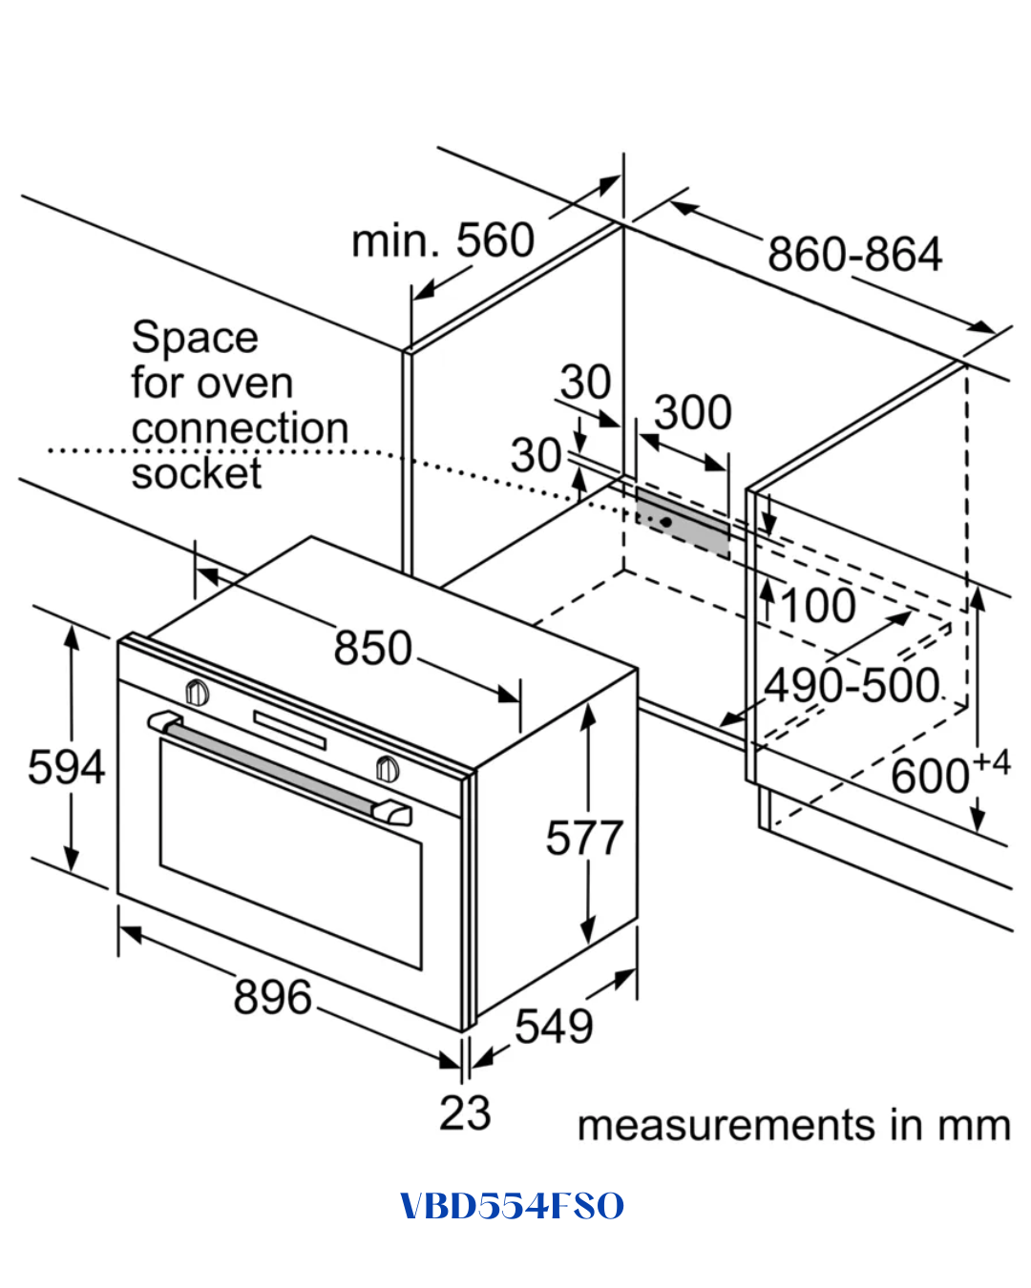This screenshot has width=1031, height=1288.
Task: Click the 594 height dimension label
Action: (67, 767)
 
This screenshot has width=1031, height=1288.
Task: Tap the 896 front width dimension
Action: (273, 997)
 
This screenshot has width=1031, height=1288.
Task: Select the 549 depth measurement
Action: (554, 1026)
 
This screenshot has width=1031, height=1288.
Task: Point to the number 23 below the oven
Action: (465, 1112)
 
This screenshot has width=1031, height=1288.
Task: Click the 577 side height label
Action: (584, 838)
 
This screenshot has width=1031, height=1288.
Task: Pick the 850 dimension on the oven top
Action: (372, 648)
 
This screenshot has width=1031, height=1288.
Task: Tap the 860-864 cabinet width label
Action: (855, 254)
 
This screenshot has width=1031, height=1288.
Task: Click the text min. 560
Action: (443, 239)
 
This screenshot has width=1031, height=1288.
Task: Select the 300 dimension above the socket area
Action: (693, 412)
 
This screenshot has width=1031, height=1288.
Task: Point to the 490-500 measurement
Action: (852, 685)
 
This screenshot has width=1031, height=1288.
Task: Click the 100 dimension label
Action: (818, 606)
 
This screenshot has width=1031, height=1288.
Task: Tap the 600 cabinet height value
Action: (930, 777)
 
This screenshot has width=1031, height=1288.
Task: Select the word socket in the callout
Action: (197, 473)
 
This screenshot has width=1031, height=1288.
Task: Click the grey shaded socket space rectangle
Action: (683, 523)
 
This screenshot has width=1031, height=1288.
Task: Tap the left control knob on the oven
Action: (197, 693)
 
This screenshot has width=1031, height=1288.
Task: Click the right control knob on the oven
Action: (388, 769)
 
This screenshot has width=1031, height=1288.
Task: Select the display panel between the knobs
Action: (289, 730)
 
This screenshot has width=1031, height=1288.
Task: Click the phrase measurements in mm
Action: (793, 1125)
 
